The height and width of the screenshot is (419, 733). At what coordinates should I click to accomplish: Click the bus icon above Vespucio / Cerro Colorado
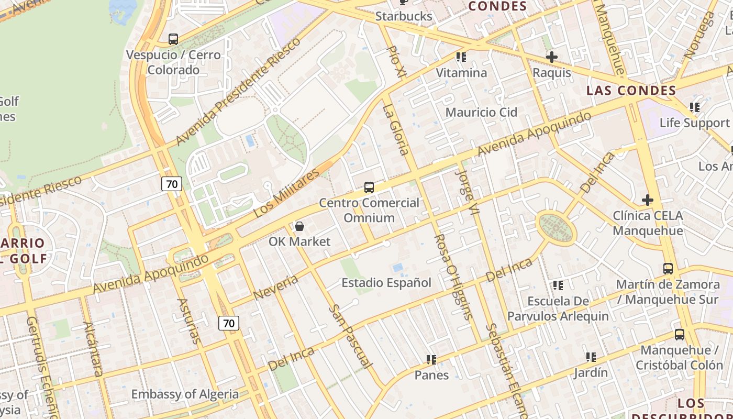click(x=173, y=39)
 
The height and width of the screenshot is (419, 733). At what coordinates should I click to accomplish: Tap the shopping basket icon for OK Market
click(x=299, y=226)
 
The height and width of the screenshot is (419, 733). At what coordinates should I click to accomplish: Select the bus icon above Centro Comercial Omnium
click(x=369, y=188)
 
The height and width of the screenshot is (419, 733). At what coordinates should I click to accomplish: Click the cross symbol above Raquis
click(x=552, y=57)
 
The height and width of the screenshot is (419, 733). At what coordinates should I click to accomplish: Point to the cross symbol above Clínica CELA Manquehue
click(x=648, y=200)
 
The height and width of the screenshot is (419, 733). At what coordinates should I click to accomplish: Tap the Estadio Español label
click(x=386, y=283)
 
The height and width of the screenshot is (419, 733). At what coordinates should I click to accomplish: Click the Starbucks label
click(x=404, y=16)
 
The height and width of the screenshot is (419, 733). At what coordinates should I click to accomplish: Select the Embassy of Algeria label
click(x=185, y=394)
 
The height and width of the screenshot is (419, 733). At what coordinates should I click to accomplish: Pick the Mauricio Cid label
click(x=481, y=112)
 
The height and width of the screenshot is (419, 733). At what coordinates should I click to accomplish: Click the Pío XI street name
click(x=396, y=62)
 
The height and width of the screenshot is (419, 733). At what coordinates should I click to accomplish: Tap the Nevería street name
click(x=275, y=288)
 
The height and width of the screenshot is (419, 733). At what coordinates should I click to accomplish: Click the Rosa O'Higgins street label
click(x=453, y=276)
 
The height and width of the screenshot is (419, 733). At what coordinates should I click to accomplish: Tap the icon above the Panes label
click(x=431, y=360)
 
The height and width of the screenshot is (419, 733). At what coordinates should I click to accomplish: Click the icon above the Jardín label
click(x=591, y=357)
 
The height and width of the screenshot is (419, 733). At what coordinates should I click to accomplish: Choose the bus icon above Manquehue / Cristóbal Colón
click(x=680, y=335)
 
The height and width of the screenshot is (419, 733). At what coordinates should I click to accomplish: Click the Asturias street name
click(x=189, y=321)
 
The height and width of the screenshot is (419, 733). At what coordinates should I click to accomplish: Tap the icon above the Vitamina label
click(x=461, y=57)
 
